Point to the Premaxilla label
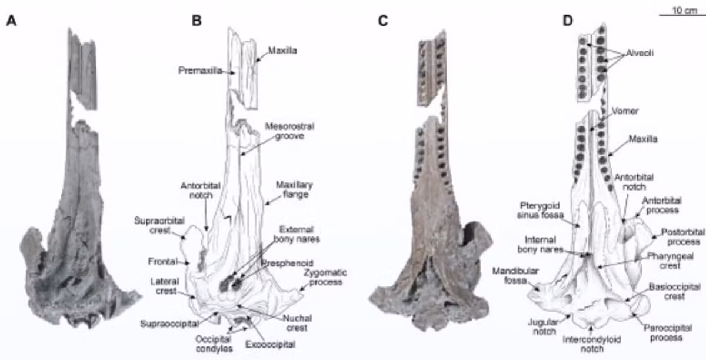click(x=200, y=71)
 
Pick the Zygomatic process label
click(x=325, y=278)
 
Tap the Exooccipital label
click(x=270, y=344)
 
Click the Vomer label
click(x=625, y=111)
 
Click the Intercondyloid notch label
click(x=592, y=344)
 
